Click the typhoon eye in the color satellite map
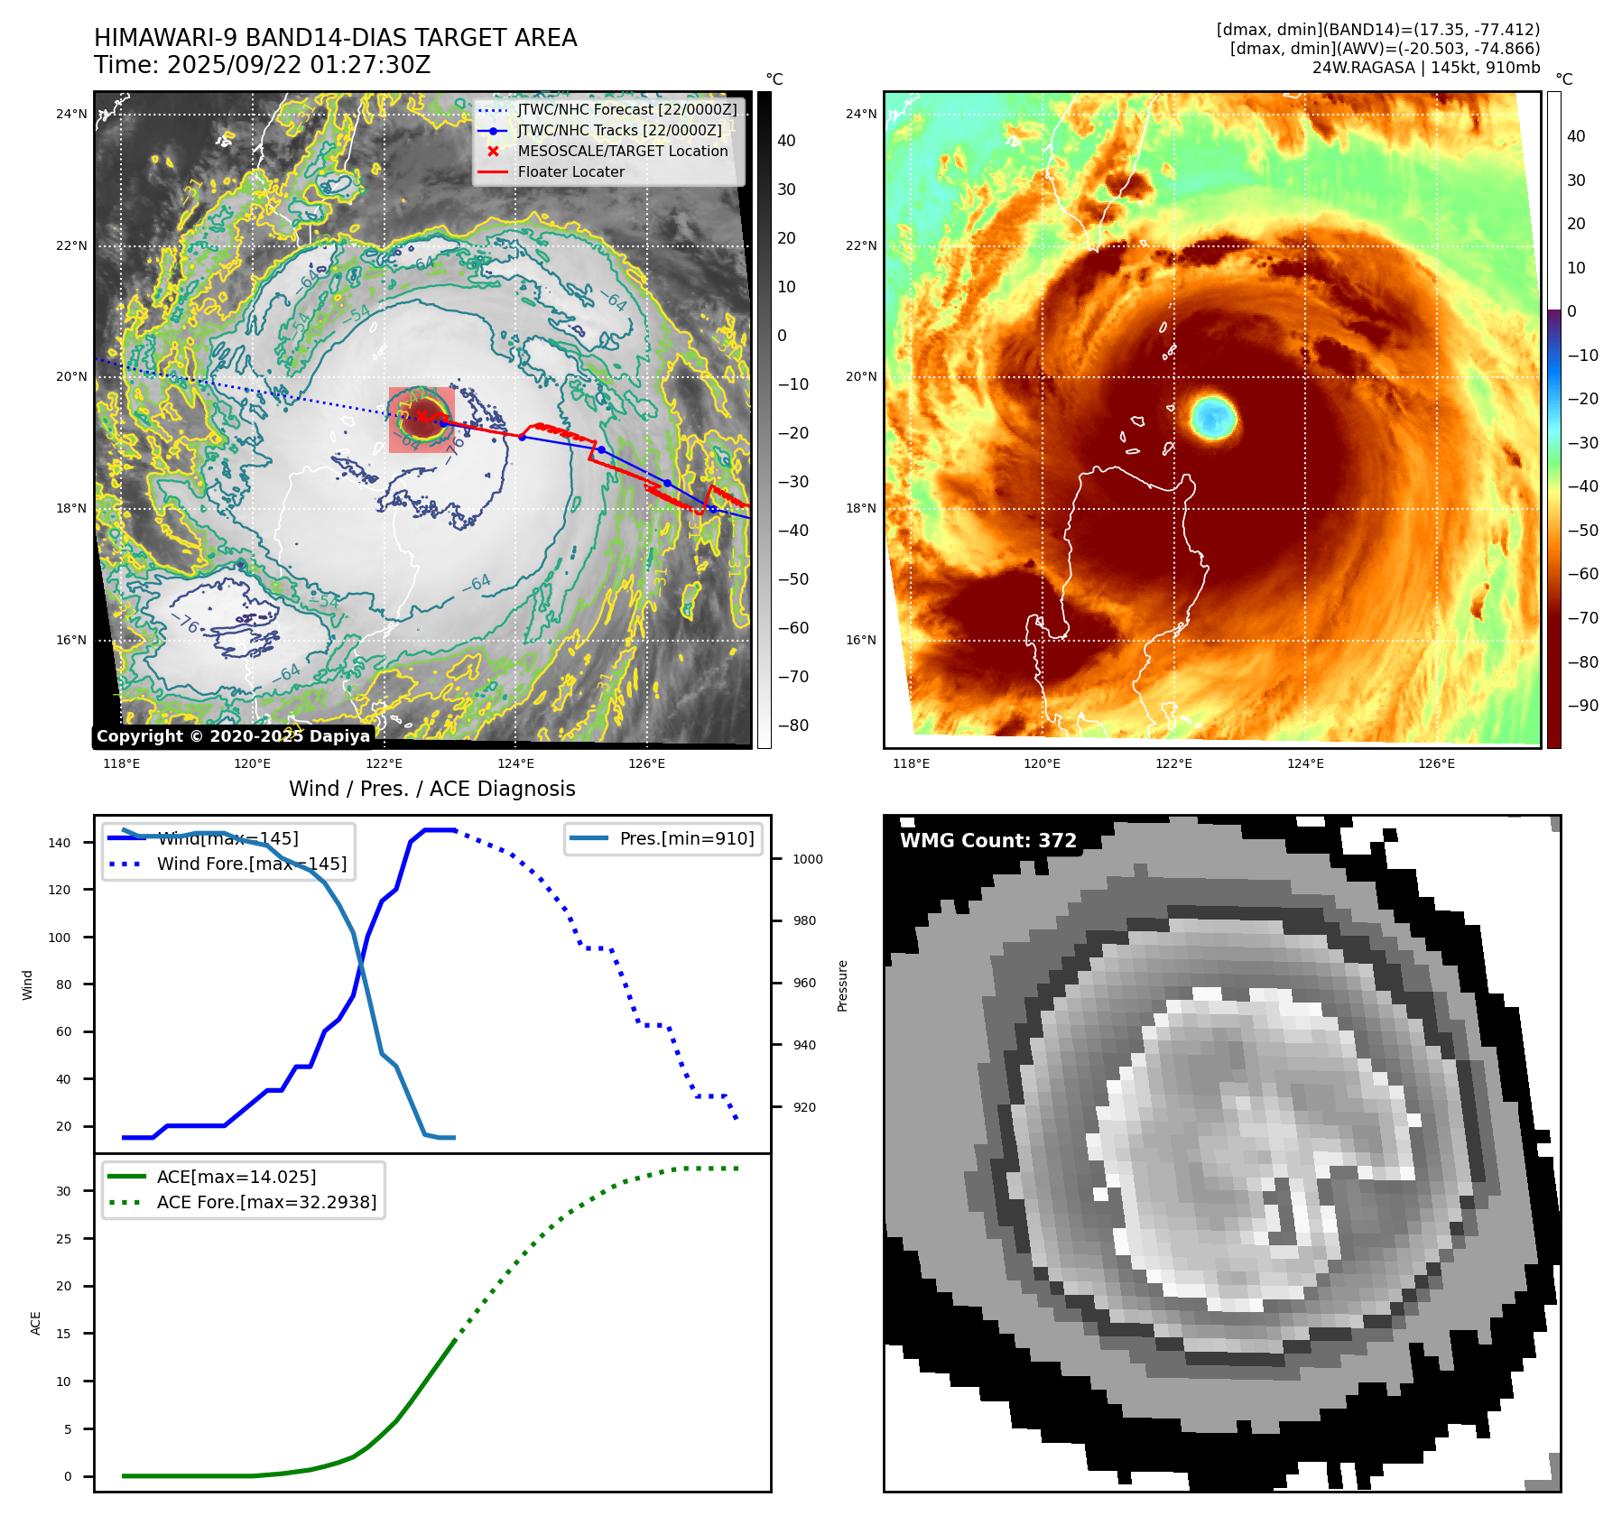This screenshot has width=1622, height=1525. click(1213, 417)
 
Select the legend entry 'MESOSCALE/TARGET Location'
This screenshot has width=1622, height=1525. click(622, 151)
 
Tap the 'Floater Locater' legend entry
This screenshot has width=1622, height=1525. click(570, 171)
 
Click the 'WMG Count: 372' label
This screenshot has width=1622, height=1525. click(988, 841)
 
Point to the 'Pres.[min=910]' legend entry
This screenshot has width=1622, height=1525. click(686, 838)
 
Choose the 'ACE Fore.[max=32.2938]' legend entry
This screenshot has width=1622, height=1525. click(266, 1202)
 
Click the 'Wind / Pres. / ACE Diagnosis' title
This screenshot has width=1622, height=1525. click(431, 789)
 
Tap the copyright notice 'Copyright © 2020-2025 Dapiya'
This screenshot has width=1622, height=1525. click(233, 736)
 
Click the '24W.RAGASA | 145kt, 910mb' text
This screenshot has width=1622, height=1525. click(1426, 68)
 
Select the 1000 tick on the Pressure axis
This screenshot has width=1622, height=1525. click(807, 859)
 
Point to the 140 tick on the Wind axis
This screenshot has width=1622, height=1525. click(60, 843)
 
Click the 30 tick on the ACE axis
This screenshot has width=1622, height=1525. click(63, 1191)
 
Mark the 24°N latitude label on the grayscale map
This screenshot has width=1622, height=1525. click(71, 114)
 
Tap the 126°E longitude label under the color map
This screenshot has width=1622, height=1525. click(1436, 763)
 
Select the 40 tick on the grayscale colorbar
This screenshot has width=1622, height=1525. click(786, 141)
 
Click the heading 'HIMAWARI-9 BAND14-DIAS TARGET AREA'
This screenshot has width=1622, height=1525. click(335, 38)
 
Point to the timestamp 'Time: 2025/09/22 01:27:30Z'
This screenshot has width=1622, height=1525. click(262, 65)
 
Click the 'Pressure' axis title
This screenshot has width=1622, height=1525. click(842, 985)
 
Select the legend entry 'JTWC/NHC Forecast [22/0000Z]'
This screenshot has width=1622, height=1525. click(626, 109)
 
